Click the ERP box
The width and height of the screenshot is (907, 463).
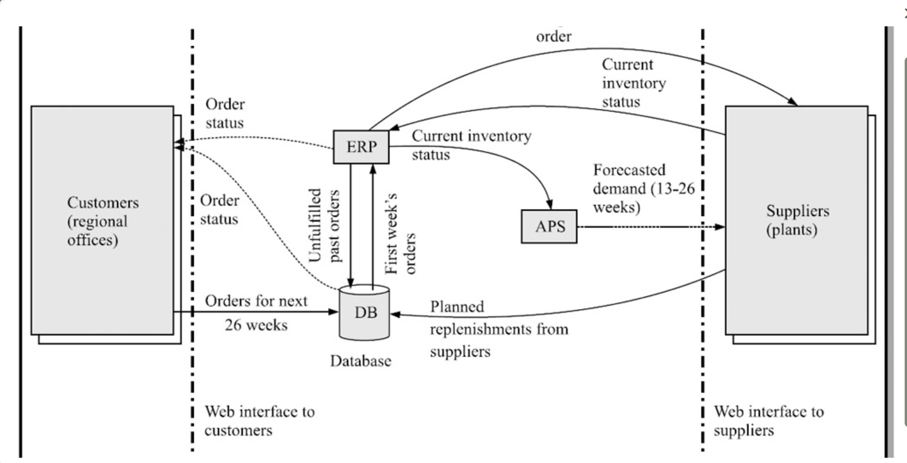tap(361, 147)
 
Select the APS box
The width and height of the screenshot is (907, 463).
tap(549, 226)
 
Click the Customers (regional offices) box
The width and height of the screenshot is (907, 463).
tap(102, 221)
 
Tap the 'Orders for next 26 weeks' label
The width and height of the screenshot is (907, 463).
tap(256, 313)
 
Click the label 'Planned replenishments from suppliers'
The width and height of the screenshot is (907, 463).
tap(499, 329)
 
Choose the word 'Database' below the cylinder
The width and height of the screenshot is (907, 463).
tap(360, 361)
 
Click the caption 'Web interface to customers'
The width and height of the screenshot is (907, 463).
tap(259, 420)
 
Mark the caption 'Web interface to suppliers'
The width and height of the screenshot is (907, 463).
tap(768, 420)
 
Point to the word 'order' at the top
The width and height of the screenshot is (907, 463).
tap(554, 36)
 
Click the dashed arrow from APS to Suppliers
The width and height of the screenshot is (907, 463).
tap(650, 227)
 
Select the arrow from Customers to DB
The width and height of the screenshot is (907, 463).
tap(257, 312)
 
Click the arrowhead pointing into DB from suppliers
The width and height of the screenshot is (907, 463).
tap(395, 314)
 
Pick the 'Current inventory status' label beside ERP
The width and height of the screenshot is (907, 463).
tap(471, 145)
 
